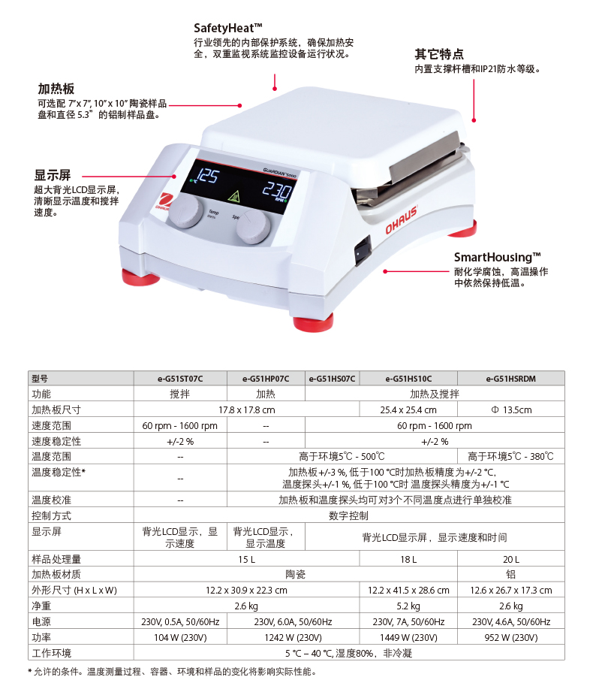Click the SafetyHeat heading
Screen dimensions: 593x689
pyautogui.click(x=228, y=28)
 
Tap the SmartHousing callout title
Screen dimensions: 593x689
pyautogui.click(x=498, y=257)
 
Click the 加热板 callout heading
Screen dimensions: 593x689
pyautogui.click(x=56, y=89)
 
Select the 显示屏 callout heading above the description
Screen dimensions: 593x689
pyautogui.click(x=53, y=175)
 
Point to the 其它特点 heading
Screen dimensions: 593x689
pyautogui.click(x=439, y=54)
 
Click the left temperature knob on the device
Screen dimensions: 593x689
pyautogui.click(x=185, y=212)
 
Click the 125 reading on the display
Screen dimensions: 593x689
pyautogui.click(x=206, y=176)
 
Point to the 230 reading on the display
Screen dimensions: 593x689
pyautogui.click(x=276, y=190)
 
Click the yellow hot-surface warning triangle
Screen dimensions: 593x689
pyautogui.click(x=234, y=196)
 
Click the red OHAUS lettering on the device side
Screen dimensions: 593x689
pyautogui.click(x=401, y=220)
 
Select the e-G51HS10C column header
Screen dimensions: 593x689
pyautogui.click(x=408, y=379)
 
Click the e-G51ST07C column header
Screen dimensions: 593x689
pyautogui.click(x=180, y=379)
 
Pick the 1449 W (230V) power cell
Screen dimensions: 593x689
pyautogui.click(x=408, y=638)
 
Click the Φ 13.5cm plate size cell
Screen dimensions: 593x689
pyautogui.click(x=511, y=410)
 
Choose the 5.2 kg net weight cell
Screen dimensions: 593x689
pyautogui.click(x=408, y=606)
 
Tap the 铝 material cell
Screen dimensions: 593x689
pyautogui.click(x=511, y=574)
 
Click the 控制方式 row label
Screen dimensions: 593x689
pyautogui.click(x=51, y=515)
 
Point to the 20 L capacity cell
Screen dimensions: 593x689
pyautogui.click(x=511, y=559)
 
